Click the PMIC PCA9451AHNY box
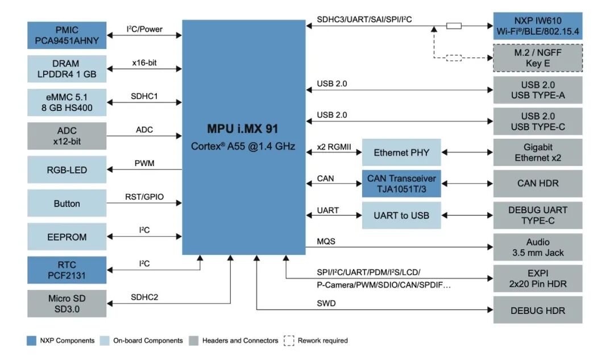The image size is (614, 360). click(x=67, y=35)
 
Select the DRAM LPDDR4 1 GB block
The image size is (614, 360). click(x=67, y=69)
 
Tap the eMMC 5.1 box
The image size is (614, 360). click(x=67, y=102)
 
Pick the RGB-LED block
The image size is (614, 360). click(x=67, y=170)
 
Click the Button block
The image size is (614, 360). click(x=67, y=204)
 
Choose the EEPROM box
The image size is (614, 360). click(x=67, y=237)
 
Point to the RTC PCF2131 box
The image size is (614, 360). click(x=67, y=270)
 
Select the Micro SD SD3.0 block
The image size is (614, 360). click(x=67, y=304)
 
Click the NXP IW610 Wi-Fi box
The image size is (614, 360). click(x=537, y=26)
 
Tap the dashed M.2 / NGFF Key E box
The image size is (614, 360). click(x=537, y=58)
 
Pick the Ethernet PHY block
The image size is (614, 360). click(x=401, y=152)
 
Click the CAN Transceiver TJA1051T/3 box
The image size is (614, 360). click(x=401, y=184)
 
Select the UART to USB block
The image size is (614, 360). click(x=401, y=216)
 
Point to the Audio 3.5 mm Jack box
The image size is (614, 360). click(x=537, y=247)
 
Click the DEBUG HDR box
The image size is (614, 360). click(x=537, y=311)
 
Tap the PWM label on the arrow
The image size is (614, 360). click(x=144, y=164)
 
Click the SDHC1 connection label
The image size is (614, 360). click(x=144, y=97)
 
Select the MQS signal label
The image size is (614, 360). click(x=326, y=241)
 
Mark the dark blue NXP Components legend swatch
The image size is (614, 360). click(x=32, y=341)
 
